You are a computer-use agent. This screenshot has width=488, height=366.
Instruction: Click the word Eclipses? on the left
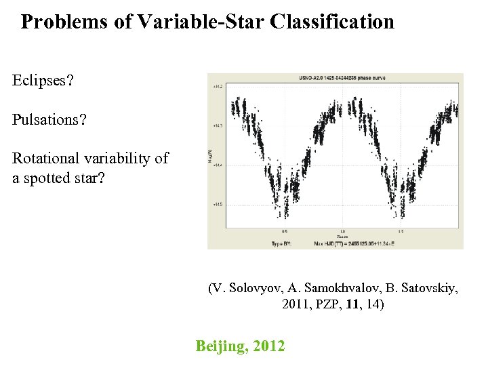pyautogui.click(x=43, y=81)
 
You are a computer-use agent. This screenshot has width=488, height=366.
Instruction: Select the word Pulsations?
pyautogui.click(x=49, y=120)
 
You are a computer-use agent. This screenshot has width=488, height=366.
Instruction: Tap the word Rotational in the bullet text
pyautogui.click(x=46, y=159)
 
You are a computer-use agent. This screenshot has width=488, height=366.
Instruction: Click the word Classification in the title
pyautogui.click(x=331, y=22)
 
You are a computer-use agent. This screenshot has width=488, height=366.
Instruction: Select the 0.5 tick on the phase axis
pyautogui.click(x=284, y=231)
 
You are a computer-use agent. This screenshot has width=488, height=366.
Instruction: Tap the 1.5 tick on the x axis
pyautogui.click(x=401, y=231)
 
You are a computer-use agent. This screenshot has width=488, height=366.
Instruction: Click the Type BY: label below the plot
pyautogui.click(x=282, y=243)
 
